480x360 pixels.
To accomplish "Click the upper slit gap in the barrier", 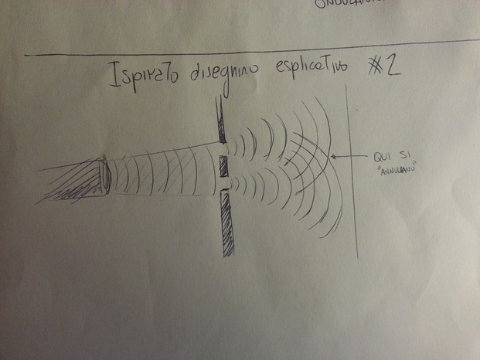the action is pyautogui.click(x=223, y=148).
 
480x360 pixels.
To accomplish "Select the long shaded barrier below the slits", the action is pyautogui.click(x=226, y=223).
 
